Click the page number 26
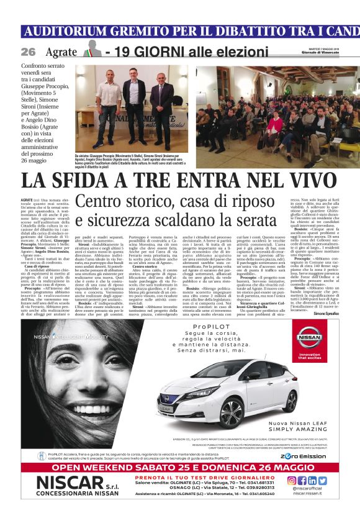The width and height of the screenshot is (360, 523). [x=28, y=52]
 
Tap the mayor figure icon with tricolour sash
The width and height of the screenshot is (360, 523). [x=91, y=50]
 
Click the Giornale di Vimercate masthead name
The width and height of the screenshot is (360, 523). [x=333, y=54]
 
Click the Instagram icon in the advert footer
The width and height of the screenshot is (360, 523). [x=291, y=480]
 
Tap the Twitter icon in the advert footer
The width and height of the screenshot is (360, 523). [x=322, y=480]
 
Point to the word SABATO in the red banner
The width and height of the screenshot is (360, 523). [x=160, y=467]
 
